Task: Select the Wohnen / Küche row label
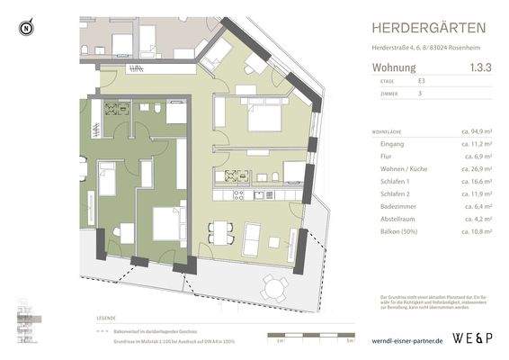click(x=396, y=168)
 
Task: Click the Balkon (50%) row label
click(x=392, y=231)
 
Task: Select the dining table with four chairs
click(x=220, y=233)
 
